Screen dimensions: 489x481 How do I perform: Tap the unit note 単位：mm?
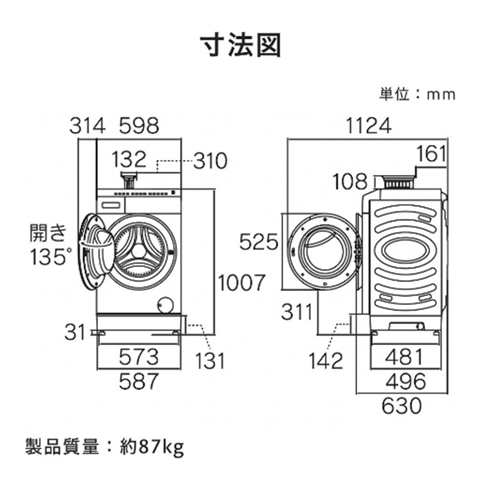417,94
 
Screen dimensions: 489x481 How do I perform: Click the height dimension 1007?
242,282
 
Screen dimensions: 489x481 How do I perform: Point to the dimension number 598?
139,126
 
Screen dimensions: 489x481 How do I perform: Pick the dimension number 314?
87,126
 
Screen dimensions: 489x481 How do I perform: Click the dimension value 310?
210,161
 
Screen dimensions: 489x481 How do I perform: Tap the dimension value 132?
129,160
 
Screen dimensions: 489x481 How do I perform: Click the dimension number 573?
139,355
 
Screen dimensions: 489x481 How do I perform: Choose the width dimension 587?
139,381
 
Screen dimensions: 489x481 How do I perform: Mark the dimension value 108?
351,182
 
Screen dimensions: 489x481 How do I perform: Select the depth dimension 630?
402,405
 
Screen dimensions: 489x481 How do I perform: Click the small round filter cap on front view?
164,304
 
